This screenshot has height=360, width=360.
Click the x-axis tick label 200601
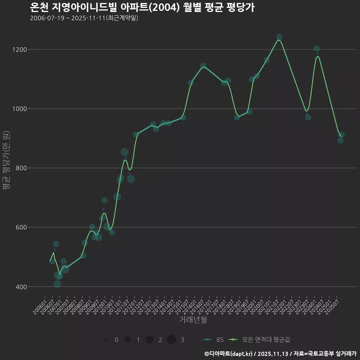[x=40, y=306]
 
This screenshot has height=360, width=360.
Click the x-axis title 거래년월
[x=193, y=319]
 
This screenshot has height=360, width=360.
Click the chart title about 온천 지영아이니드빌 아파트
[x=142, y=7]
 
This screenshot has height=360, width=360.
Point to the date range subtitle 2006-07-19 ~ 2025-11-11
[x=84, y=18]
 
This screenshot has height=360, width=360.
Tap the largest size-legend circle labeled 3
[x=172, y=340]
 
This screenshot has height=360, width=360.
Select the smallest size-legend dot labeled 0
[x=106, y=340]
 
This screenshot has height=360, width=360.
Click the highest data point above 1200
[x=279, y=37]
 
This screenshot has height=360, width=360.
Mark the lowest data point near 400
[x=57, y=283]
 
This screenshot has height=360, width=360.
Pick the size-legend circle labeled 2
[x=150, y=340]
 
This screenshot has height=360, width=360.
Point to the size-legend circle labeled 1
[x=127, y=340]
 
